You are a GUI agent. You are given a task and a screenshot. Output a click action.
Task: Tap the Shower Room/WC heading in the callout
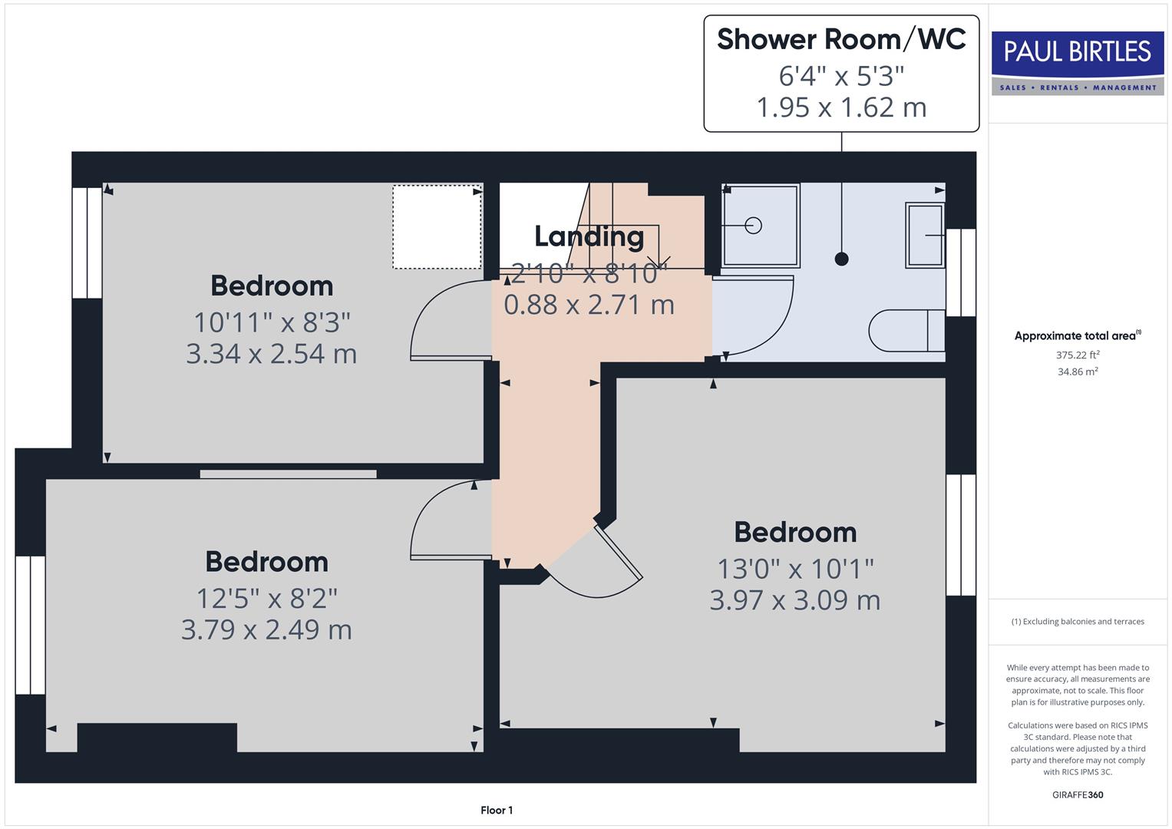(x=841, y=39)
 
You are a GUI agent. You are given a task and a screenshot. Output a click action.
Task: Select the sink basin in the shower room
(x=925, y=235)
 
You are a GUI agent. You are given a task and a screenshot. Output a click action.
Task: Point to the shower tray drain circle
(x=753, y=226)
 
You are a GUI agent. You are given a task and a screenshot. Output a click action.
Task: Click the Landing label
(x=589, y=236)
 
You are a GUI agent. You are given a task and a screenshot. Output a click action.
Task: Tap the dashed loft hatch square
(x=437, y=226)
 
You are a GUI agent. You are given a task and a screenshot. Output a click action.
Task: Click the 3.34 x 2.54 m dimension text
(x=271, y=354)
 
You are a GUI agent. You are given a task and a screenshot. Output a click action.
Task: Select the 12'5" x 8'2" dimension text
(x=266, y=598)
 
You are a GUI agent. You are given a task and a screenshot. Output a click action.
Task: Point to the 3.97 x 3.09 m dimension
(x=794, y=600)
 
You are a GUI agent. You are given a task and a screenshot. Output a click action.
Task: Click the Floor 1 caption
(x=497, y=810)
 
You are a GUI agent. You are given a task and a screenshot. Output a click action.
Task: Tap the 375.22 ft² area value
(x=1078, y=355)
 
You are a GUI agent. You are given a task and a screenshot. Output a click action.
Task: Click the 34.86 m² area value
(x=1078, y=372)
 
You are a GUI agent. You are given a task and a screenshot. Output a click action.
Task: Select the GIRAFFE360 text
(x=1078, y=794)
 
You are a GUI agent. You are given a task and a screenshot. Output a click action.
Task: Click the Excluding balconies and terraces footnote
(x=1078, y=622)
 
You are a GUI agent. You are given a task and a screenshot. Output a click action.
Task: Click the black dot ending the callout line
(x=841, y=259)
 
